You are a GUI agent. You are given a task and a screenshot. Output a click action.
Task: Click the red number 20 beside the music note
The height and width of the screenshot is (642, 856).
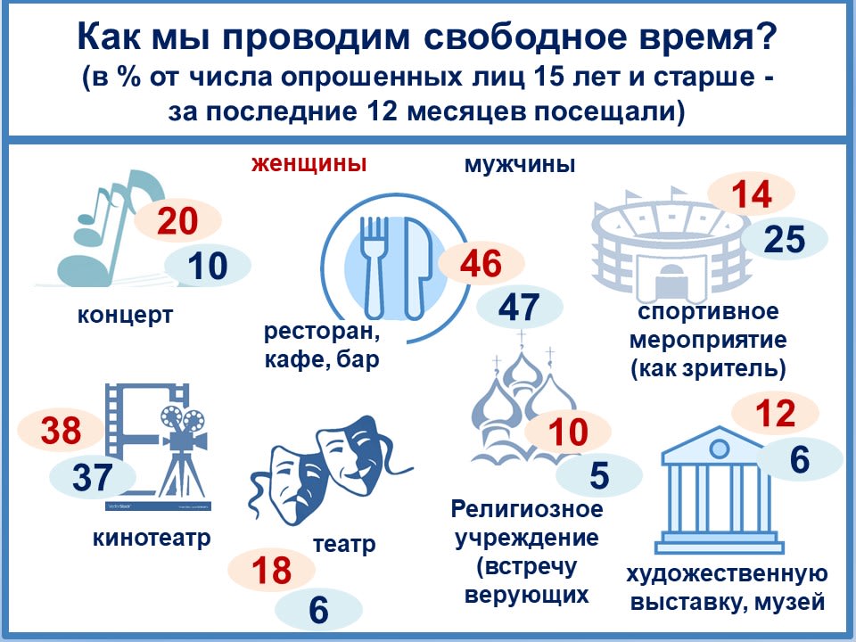pos(177,221)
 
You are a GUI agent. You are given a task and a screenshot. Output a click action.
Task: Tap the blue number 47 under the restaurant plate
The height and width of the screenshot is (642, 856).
pos(519,307)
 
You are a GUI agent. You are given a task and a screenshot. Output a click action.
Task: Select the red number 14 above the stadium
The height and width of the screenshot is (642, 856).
pos(751,195)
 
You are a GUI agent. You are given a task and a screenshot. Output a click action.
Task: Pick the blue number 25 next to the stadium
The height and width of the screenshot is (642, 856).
pos(785,239)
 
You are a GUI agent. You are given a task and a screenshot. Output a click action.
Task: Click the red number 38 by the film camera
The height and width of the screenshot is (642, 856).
pos(61,430)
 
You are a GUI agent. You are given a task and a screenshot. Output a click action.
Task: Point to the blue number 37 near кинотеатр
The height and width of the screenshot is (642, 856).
pos(92,476)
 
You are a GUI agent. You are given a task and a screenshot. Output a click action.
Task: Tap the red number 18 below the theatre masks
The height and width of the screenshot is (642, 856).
pos(271,571)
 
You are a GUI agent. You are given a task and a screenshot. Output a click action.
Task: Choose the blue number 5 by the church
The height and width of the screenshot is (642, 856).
pos(599,475)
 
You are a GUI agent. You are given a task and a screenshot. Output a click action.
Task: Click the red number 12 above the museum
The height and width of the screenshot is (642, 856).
pos(775,413)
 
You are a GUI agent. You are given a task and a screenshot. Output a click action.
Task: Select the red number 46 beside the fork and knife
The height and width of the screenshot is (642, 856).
pos(481,264)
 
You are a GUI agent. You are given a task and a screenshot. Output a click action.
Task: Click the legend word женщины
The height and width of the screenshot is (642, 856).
pos(309,163)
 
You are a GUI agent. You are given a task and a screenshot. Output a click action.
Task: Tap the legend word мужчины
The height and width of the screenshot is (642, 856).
pos(520,164)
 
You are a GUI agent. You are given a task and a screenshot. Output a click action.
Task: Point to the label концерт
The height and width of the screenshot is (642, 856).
pos(125,315)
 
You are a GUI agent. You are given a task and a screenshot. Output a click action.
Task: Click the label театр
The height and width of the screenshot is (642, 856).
pos(344,544)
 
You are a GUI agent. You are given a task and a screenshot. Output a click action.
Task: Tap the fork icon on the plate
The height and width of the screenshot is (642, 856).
pos(375,267)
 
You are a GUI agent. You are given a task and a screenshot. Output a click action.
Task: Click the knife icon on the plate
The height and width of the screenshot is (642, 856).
pos(416,267)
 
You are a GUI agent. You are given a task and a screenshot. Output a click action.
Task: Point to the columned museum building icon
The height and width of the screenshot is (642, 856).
pos(718,490)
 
